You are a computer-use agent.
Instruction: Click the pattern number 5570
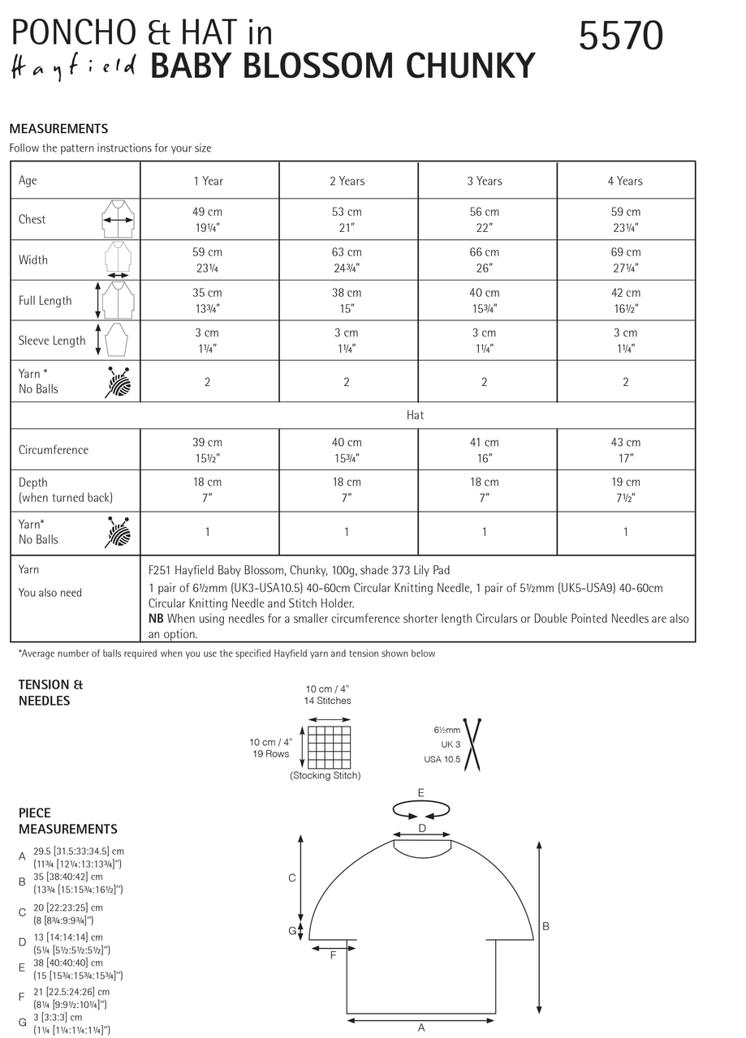pos(621,36)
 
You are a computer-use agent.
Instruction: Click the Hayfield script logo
pos(75,67)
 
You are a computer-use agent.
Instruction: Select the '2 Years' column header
pos(347,181)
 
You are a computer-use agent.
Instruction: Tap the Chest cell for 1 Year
pos(208,219)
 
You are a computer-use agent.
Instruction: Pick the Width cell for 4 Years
pos(625,259)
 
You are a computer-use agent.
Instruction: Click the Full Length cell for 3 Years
pos(485,300)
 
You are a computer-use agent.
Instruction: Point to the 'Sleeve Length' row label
pos(52,341)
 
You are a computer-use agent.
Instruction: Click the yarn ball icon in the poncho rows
pos(117,381)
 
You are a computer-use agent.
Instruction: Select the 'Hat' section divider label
pos(415,415)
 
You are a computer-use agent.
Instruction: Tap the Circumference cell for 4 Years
pos(625,449)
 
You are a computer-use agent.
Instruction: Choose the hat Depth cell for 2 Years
pos(347,489)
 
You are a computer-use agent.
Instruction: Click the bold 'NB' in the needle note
pos(157,618)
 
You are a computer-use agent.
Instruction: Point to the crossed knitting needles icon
pos(472,744)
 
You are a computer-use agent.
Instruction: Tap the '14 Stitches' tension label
pos(328,701)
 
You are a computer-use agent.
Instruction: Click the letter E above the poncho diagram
pos(420,792)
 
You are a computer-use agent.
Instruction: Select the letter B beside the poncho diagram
pos(546,926)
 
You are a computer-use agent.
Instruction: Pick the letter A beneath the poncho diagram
pos(420,1028)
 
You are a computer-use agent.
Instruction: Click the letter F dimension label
pos(333,956)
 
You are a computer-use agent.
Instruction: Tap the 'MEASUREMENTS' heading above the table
pos(58,128)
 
